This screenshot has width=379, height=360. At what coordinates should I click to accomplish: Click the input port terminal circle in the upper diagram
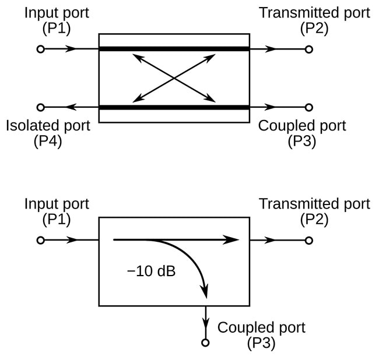pos(41,50)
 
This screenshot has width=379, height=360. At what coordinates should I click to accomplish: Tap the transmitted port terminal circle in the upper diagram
pos(308,50)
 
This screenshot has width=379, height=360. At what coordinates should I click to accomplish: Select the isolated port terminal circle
pos(41,107)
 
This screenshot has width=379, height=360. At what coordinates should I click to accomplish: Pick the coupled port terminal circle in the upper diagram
pos(308,107)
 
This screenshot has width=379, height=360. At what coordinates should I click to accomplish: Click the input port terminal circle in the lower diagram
pos(41,241)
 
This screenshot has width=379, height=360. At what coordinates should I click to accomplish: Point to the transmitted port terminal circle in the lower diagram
pos(308,241)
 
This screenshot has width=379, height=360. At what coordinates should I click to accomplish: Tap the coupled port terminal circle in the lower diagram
pos(205,343)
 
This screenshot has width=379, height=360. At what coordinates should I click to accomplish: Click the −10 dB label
pos(151,271)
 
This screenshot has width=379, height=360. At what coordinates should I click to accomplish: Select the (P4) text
pos(48,141)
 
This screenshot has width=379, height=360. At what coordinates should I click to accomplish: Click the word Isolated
pos(31,126)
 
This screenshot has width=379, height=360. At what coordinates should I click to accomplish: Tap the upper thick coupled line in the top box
pos(174,49)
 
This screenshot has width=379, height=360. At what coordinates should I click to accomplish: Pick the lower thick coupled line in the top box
pos(174,107)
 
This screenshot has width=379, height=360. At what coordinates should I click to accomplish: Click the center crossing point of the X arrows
pos(174,78)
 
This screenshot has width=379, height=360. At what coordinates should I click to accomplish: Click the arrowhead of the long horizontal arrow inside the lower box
pos(231,240)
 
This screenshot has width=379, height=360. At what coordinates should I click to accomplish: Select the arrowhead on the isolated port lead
pos(71,107)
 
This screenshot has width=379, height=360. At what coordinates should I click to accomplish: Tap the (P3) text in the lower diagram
pos(261,343)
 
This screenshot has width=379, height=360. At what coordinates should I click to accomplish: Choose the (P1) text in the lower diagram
pos(57,219)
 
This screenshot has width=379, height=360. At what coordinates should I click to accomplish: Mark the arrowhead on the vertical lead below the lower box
pos(205,323)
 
